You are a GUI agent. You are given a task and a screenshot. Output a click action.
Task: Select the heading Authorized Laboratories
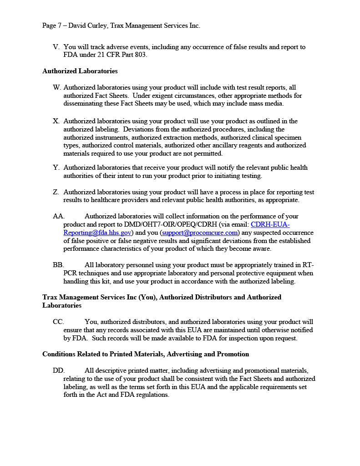point(80,71)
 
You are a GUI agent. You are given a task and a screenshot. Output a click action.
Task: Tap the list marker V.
point(56,47)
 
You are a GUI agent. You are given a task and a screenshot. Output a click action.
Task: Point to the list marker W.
point(56,87)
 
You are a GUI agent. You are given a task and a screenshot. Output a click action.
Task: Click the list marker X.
point(56,121)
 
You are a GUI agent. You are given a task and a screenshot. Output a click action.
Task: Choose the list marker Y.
point(56,168)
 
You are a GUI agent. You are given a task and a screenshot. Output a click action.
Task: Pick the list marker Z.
point(56,192)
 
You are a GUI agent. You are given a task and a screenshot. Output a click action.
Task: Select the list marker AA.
point(59,216)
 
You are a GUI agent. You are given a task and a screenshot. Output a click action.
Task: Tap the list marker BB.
point(58,265)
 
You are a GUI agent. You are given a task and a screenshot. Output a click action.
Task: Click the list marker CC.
point(58,322)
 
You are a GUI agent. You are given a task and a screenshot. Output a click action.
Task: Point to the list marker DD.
point(59,370)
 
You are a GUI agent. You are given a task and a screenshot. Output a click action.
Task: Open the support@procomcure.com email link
point(200,233)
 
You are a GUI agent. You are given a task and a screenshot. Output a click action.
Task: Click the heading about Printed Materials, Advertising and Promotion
point(146,354)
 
